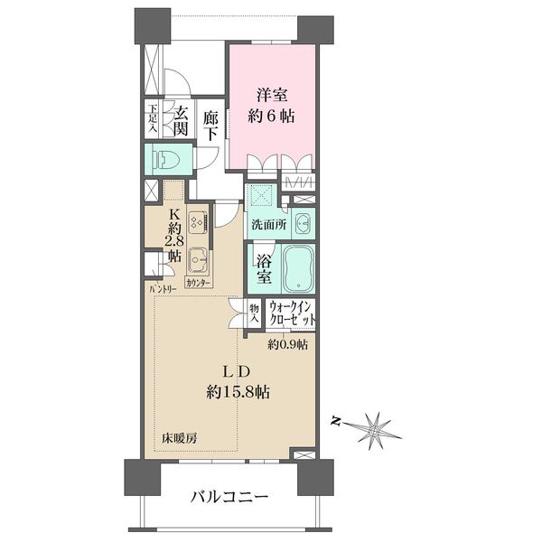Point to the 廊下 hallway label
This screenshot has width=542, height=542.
tap(211, 125)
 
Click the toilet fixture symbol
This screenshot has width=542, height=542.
tap(166, 161)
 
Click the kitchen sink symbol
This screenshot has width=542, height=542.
tap(199, 264)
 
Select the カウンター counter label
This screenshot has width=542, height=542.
tap(199, 284)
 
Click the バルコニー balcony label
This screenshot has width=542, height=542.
tap(229, 497)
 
